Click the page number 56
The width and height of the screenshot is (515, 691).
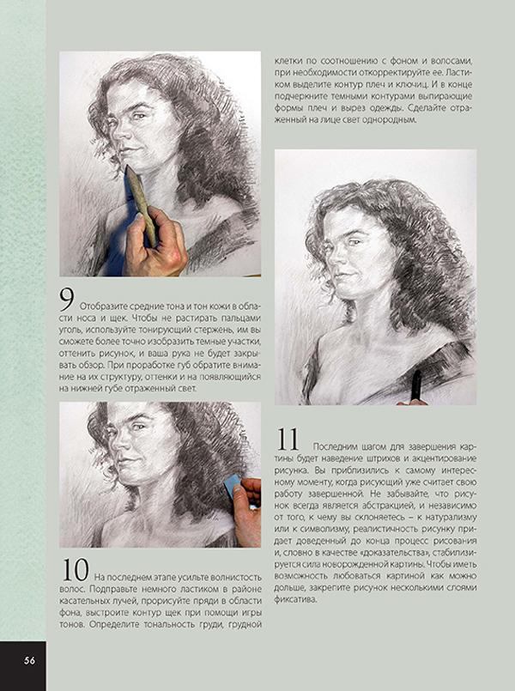tap(29, 660)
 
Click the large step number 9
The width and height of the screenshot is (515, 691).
tap(68, 300)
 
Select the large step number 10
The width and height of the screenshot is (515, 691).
tap(76, 570)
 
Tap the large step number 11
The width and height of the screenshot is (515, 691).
tap(288, 439)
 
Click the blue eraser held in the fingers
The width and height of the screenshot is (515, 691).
tap(232, 485)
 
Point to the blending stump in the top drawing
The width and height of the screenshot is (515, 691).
tap(141, 204)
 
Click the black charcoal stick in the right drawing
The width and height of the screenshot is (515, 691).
tap(415, 385)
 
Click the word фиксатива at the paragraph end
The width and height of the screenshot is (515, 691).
tap(295, 599)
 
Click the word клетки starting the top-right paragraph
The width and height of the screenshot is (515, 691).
tap(288, 61)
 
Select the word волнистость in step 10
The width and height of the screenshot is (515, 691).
tap(237, 577)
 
